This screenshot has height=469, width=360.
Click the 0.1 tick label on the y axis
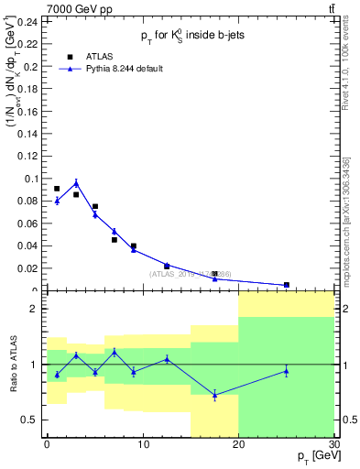point(33,179)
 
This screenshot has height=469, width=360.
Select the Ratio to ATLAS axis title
point(11,365)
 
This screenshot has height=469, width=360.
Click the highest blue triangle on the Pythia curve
point(76,183)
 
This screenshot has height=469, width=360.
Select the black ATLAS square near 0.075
point(95,207)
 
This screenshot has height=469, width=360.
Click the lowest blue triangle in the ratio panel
point(214,395)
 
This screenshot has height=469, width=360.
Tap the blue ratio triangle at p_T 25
point(287,371)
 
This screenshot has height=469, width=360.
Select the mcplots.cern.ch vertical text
point(351,220)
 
